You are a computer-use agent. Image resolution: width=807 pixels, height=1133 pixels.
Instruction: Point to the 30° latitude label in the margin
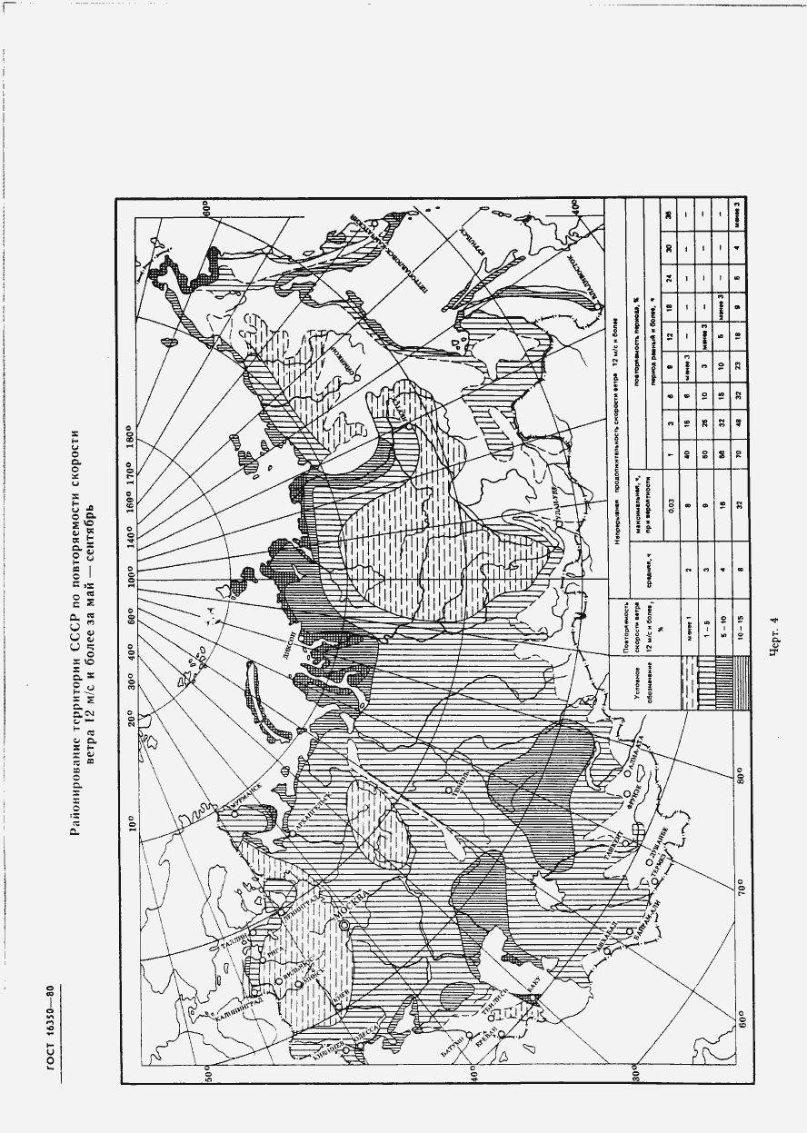point(636,1076)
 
